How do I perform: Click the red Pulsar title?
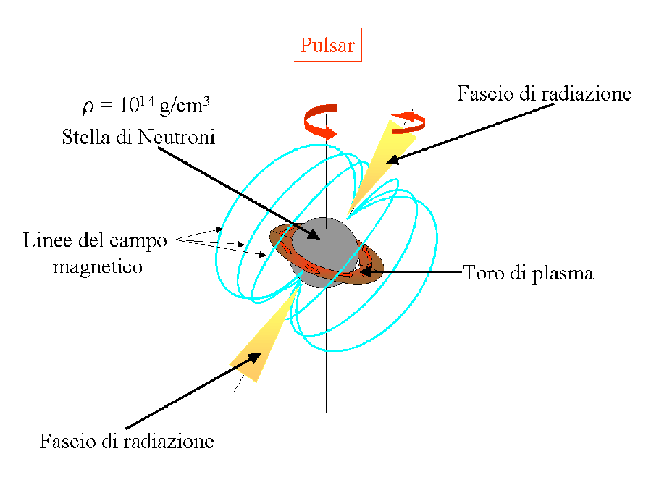click(327, 46)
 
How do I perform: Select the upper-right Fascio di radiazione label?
click(544, 94)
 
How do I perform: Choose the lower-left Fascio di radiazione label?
click(127, 440)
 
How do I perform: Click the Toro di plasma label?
click(528, 274)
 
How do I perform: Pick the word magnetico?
click(97, 266)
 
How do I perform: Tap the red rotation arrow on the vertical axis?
click(319, 121)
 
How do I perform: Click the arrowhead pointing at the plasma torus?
click(366, 272)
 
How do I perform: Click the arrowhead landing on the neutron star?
click(313, 234)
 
